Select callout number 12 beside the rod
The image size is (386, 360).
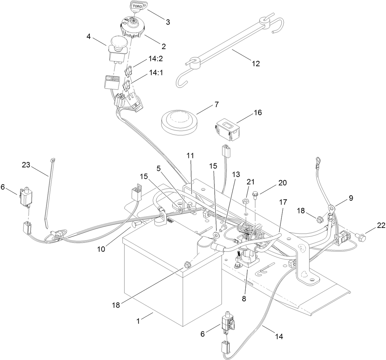pyautogui.click(x=256, y=63)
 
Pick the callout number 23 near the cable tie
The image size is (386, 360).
pyautogui.click(x=27, y=165)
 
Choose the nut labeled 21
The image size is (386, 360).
pyautogui.click(x=245, y=201)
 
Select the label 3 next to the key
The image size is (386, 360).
pyautogui.click(x=167, y=22)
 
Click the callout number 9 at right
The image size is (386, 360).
pyautogui.click(x=351, y=198)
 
